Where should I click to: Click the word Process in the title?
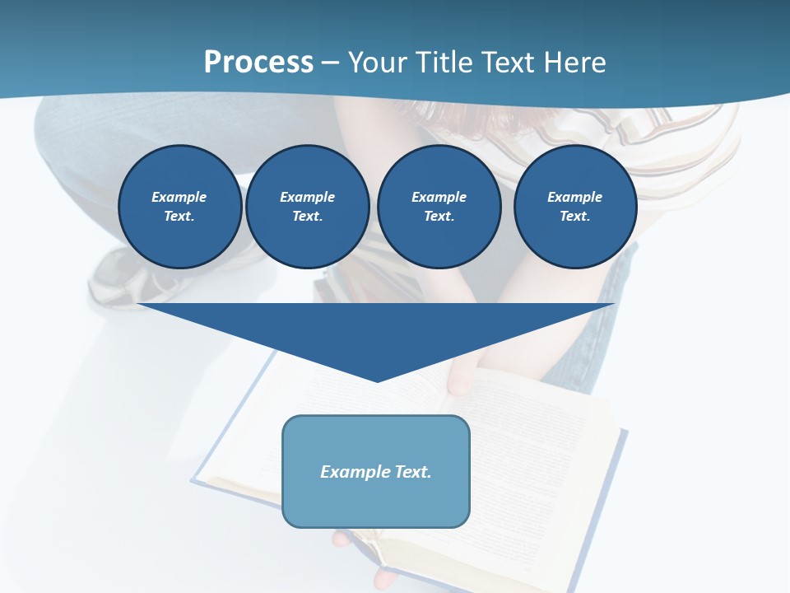[x=258, y=62]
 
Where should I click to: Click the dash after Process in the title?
[x=330, y=63]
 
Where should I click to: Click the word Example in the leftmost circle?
[x=179, y=197]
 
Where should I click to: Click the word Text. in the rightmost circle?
[x=575, y=216]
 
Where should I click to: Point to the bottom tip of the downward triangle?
[x=377, y=381]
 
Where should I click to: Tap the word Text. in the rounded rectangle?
[x=411, y=472]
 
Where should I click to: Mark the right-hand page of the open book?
[x=543, y=461]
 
